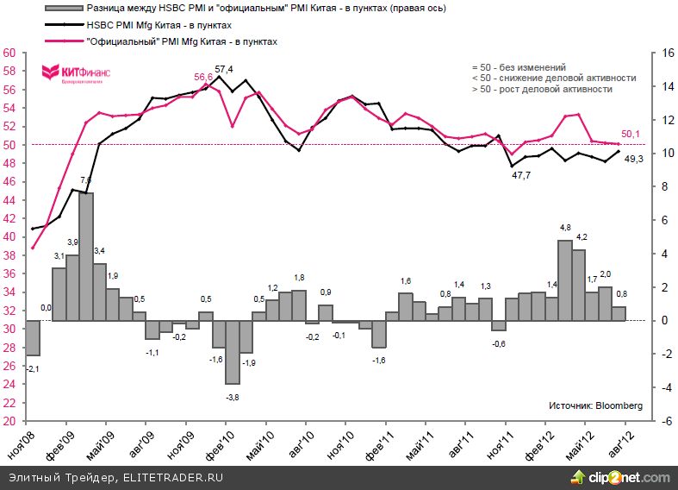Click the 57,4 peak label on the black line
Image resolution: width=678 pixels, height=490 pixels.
(225, 69)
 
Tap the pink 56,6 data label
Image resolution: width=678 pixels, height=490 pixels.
(203, 77)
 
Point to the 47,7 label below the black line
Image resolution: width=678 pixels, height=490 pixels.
(521, 175)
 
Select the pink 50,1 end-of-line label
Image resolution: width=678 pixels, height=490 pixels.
(631, 133)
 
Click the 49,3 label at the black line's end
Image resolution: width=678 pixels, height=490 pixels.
(633, 158)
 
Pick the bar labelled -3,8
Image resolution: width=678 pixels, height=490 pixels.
(233, 352)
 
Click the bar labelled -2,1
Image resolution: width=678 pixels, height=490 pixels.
(33, 337)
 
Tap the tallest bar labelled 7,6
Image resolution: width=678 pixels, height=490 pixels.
(86, 255)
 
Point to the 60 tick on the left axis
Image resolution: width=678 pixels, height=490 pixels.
(11, 53)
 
